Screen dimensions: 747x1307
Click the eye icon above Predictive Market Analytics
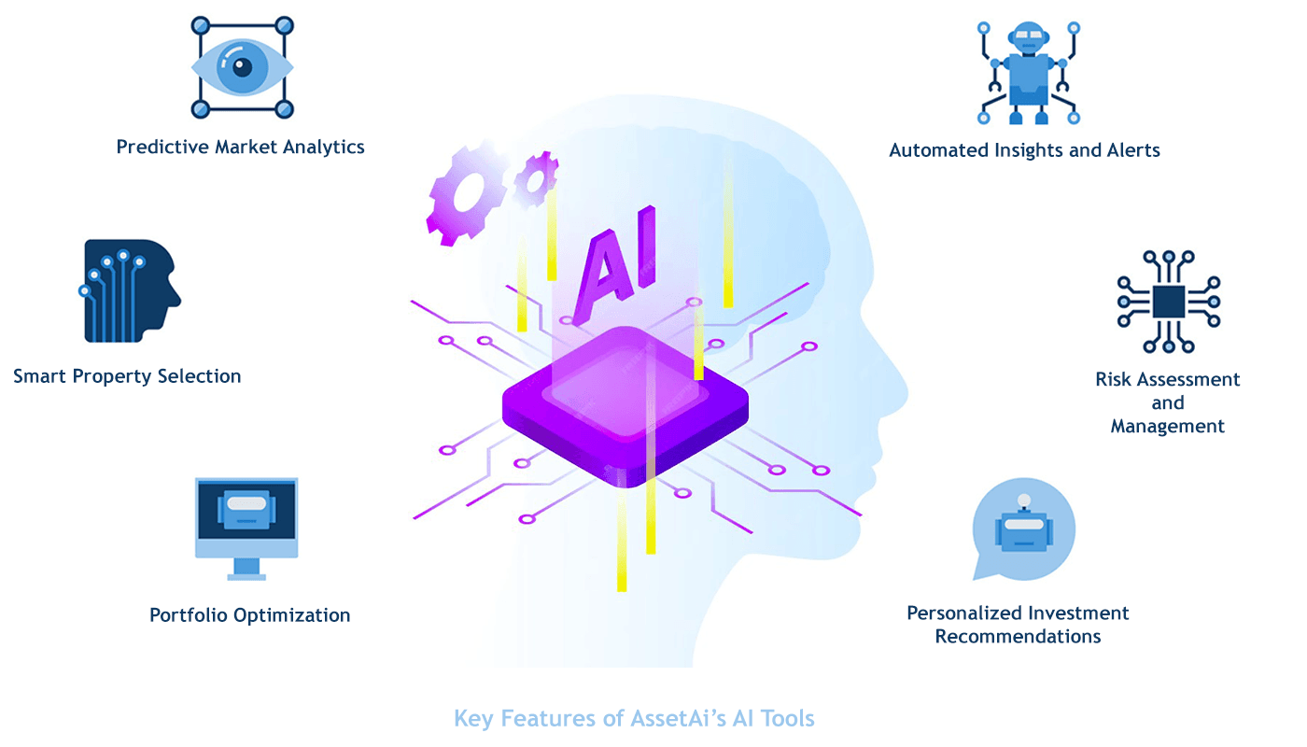click(242, 67)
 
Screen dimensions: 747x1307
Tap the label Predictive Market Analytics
click(240, 147)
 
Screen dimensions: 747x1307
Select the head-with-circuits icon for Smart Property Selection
click(130, 290)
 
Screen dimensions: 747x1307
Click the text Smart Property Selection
click(127, 376)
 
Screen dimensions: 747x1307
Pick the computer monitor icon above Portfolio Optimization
click(246, 525)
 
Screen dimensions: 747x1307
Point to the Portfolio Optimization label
click(250, 615)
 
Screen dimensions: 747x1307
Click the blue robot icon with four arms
click(1028, 72)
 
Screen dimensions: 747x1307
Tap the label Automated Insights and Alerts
click(1024, 150)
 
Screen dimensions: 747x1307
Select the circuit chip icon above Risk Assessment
click(1168, 301)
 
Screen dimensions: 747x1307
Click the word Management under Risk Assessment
click(1167, 427)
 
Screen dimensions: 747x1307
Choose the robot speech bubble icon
click(1023, 529)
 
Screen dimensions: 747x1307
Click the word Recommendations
click(1018, 637)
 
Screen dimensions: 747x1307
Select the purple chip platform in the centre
click(625, 406)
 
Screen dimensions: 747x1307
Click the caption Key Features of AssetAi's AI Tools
click(634, 718)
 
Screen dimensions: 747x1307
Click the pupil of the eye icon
click(243, 66)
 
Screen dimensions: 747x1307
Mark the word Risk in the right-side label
click(1114, 380)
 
